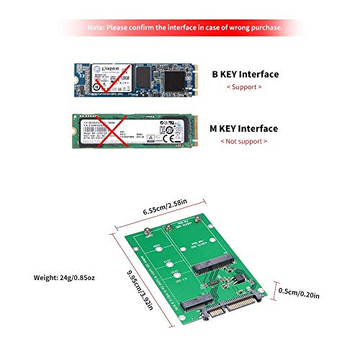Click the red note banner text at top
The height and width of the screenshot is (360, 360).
click(x=180, y=28)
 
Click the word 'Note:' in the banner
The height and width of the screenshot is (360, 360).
click(x=98, y=28)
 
